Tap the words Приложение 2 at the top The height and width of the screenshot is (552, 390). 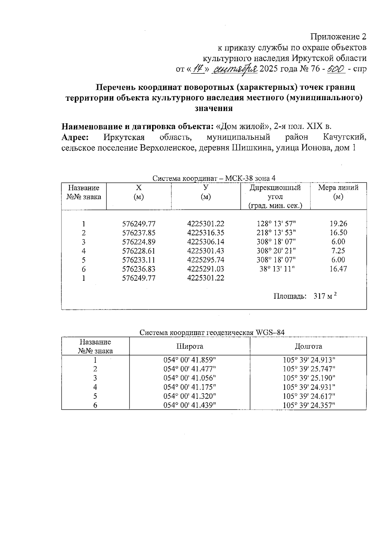click(339, 36)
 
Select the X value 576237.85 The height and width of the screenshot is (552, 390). click(139, 233)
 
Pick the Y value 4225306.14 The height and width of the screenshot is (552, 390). click(206, 242)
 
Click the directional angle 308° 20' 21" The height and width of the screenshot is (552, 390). click(276, 251)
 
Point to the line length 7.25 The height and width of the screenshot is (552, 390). click(338, 251)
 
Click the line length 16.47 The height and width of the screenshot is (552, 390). click(338, 269)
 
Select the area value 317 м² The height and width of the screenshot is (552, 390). click(325, 296)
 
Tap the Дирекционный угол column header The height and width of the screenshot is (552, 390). click(275, 197)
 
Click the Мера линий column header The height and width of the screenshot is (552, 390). click(338, 192)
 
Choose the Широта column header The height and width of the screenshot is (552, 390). click(190, 346)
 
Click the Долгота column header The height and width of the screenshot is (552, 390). click(308, 346)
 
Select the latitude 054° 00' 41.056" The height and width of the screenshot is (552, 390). click(190, 378)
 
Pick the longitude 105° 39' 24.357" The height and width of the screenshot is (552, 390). click(309, 405)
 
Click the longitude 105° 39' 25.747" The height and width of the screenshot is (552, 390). click(309, 369)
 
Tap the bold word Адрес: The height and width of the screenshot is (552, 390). click(75, 138)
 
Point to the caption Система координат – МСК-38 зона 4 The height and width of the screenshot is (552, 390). click(214, 178)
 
